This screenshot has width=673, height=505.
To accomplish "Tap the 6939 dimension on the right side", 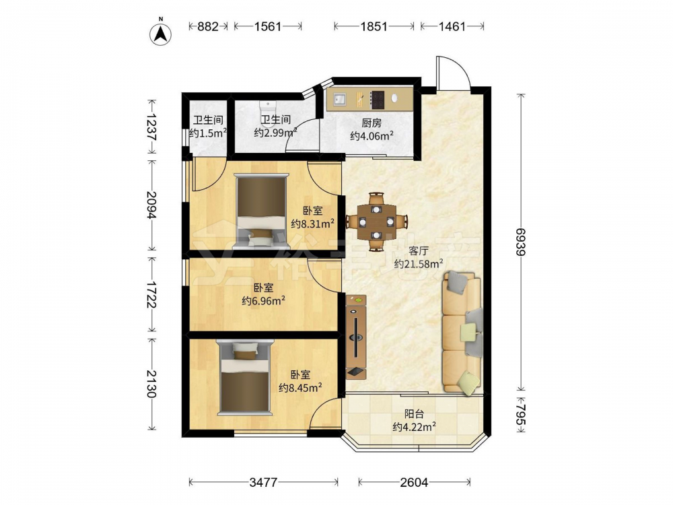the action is [x=521, y=241].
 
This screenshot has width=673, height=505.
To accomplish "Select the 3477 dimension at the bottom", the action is [x=263, y=482].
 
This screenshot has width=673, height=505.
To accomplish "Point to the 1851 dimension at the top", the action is [x=374, y=27].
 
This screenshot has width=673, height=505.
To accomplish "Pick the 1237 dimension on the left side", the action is [x=151, y=127].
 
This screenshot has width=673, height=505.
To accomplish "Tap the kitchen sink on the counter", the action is [x=340, y=99].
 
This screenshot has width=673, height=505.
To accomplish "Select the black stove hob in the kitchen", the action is [x=378, y=100].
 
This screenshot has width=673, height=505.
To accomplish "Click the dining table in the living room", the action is [x=376, y=222].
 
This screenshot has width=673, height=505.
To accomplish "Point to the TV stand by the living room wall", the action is [x=356, y=337].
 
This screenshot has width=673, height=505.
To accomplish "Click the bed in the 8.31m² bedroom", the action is [x=262, y=211].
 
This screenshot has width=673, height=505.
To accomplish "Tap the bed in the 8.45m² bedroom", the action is [x=245, y=378].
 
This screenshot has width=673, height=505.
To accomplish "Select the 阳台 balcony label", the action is [x=414, y=414].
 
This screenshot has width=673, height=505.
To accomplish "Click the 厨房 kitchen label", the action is [x=371, y=123].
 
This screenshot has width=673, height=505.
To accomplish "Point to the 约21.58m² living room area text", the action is [x=419, y=264].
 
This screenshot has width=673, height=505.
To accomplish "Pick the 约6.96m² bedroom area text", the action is [x=264, y=301].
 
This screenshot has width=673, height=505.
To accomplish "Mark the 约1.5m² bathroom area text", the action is [x=208, y=133].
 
